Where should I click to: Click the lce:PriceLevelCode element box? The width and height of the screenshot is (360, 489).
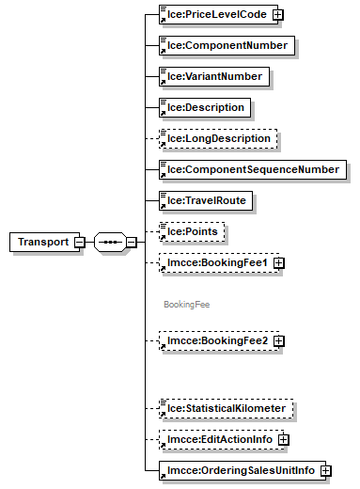pos(215,14)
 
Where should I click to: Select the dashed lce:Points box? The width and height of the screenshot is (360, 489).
pos(192,231)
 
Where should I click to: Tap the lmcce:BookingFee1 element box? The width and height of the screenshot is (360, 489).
pos(215,262)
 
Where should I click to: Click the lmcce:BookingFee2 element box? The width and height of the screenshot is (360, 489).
pos(215,340)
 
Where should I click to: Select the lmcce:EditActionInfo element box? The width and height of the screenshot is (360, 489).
pos(217,439)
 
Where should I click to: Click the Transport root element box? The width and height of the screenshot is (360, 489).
pos(42,242)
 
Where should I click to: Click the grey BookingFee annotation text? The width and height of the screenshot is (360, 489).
pos(186,305)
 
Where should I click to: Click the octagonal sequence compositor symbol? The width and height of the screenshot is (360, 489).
pos(110,242)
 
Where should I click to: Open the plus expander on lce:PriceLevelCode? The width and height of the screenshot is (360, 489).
pos(278,14)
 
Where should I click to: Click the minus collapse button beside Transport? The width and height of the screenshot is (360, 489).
pos(80,242)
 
